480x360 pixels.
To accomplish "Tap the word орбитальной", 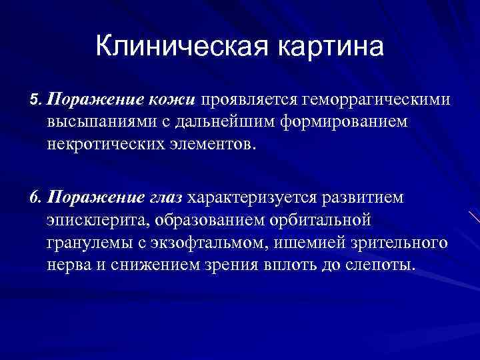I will coord(317,220).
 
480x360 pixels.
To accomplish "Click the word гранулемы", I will coord(83,242).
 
